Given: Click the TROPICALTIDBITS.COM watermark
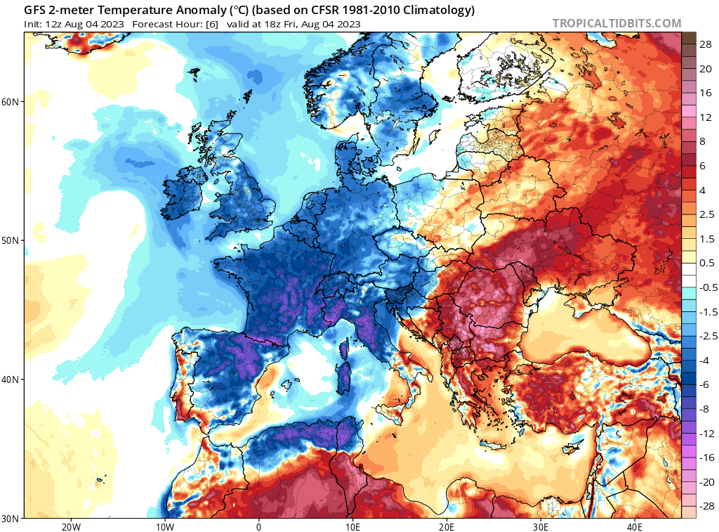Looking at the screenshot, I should [x=616, y=23].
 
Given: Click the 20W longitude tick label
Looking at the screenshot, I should [x=70, y=526].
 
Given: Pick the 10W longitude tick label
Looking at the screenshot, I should [x=164, y=526].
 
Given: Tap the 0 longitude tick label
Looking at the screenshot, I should [x=258, y=526].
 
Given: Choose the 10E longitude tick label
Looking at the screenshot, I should [x=352, y=526].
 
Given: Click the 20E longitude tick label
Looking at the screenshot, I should [x=447, y=526].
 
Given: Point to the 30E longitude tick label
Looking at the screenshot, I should [x=541, y=526].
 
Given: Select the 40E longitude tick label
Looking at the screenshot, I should [x=635, y=526].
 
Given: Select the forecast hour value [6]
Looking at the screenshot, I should [x=212, y=24].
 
